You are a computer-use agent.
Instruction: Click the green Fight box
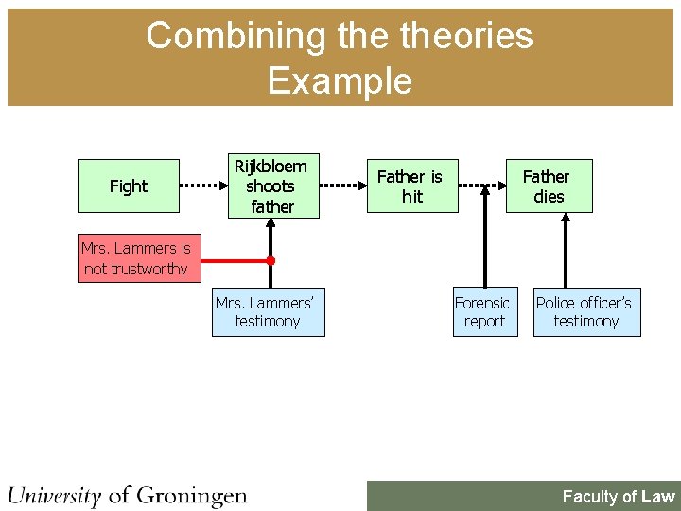pos(129,185)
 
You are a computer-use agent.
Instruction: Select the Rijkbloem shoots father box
pos(271,185)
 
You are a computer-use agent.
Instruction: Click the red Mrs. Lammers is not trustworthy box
pos(136,258)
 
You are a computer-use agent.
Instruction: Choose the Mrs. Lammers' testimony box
pos(268,312)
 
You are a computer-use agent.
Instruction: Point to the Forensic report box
pos(481,312)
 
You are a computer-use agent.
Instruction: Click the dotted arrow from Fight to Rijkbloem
pos(201,185)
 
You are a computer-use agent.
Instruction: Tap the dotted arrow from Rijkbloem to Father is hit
pos(342,185)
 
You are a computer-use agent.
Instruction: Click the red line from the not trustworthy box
pos(232,259)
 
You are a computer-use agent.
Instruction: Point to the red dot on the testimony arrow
pos(271,259)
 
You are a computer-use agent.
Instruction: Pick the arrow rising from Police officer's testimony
pos(566,251)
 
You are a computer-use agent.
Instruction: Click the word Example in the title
pos(340,80)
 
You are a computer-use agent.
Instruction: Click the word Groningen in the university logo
pos(191,495)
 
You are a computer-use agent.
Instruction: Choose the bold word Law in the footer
pos(657,496)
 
